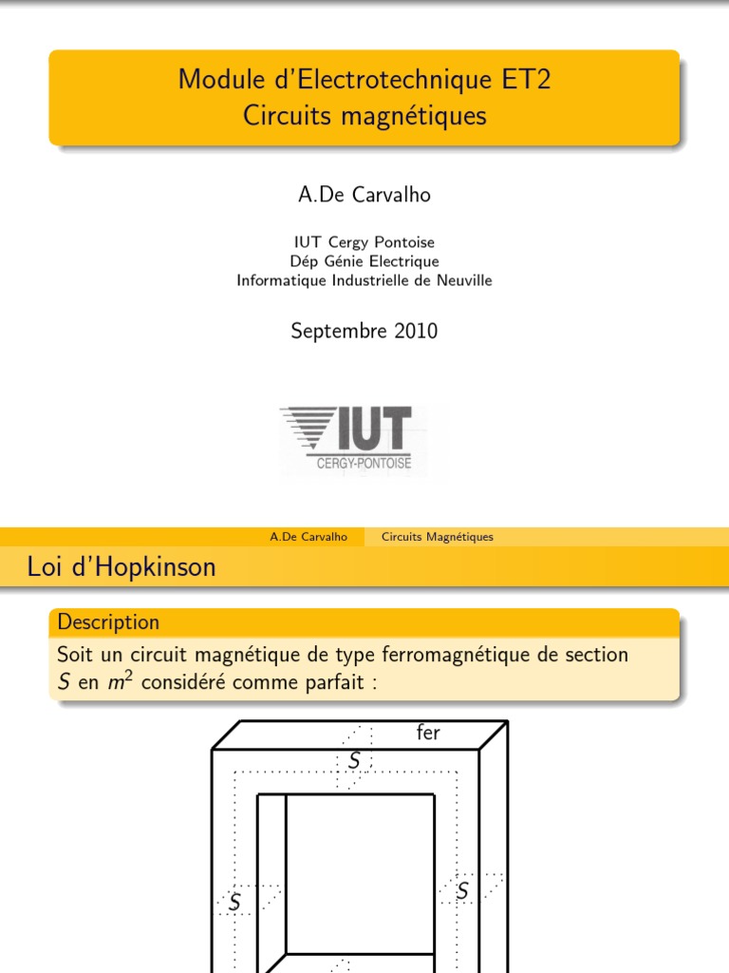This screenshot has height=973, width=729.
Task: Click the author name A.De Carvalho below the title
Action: pos(364,195)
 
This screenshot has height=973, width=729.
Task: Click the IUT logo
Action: pos(346,432)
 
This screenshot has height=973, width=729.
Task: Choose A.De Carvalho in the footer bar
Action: pos(308,537)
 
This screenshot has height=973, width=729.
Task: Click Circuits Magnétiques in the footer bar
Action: pos(438,537)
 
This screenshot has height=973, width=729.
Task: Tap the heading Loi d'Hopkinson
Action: pos(121,567)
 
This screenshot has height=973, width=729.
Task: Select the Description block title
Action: pos(108,622)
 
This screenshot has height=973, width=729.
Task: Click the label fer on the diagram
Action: pos(428,733)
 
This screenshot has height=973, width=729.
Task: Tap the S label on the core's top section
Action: pos(354,760)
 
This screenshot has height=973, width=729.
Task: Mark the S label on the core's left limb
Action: pos(234,899)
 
